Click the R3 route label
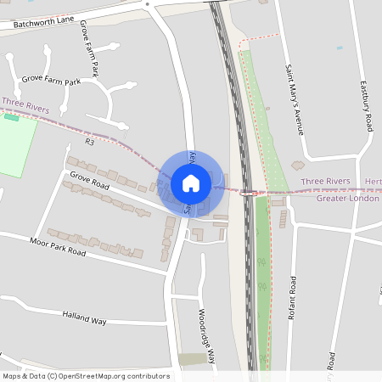pyautogui.click(x=89, y=142)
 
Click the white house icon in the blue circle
pyautogui.click(x=191, y=183)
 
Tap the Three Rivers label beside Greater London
pyautogui.click(x=326, y=182)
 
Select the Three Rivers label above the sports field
pyautogui.click(x=25, y=103)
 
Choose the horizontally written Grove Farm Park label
pyautogui.click(x=50, y=81)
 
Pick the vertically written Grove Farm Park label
pyautogui.click(x=88, y=49)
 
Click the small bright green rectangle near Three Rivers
pyautogui.click(x=10, y=116)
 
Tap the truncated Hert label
pyautogui.click(x=373, y=182)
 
